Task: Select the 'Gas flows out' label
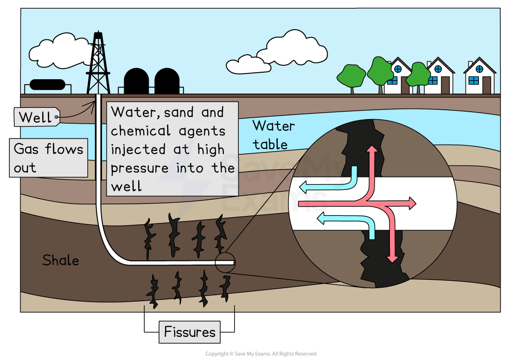[49, 158]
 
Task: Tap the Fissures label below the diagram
[190, 332]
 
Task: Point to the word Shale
[60, 260]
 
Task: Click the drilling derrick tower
[98, 65]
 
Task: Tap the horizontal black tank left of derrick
[47, 85]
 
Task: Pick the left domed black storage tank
[136, 82]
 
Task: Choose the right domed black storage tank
[167, 82]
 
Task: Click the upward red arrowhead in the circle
[371, 150]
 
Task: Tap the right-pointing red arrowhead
[412, 203]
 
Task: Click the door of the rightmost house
[486, 85]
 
